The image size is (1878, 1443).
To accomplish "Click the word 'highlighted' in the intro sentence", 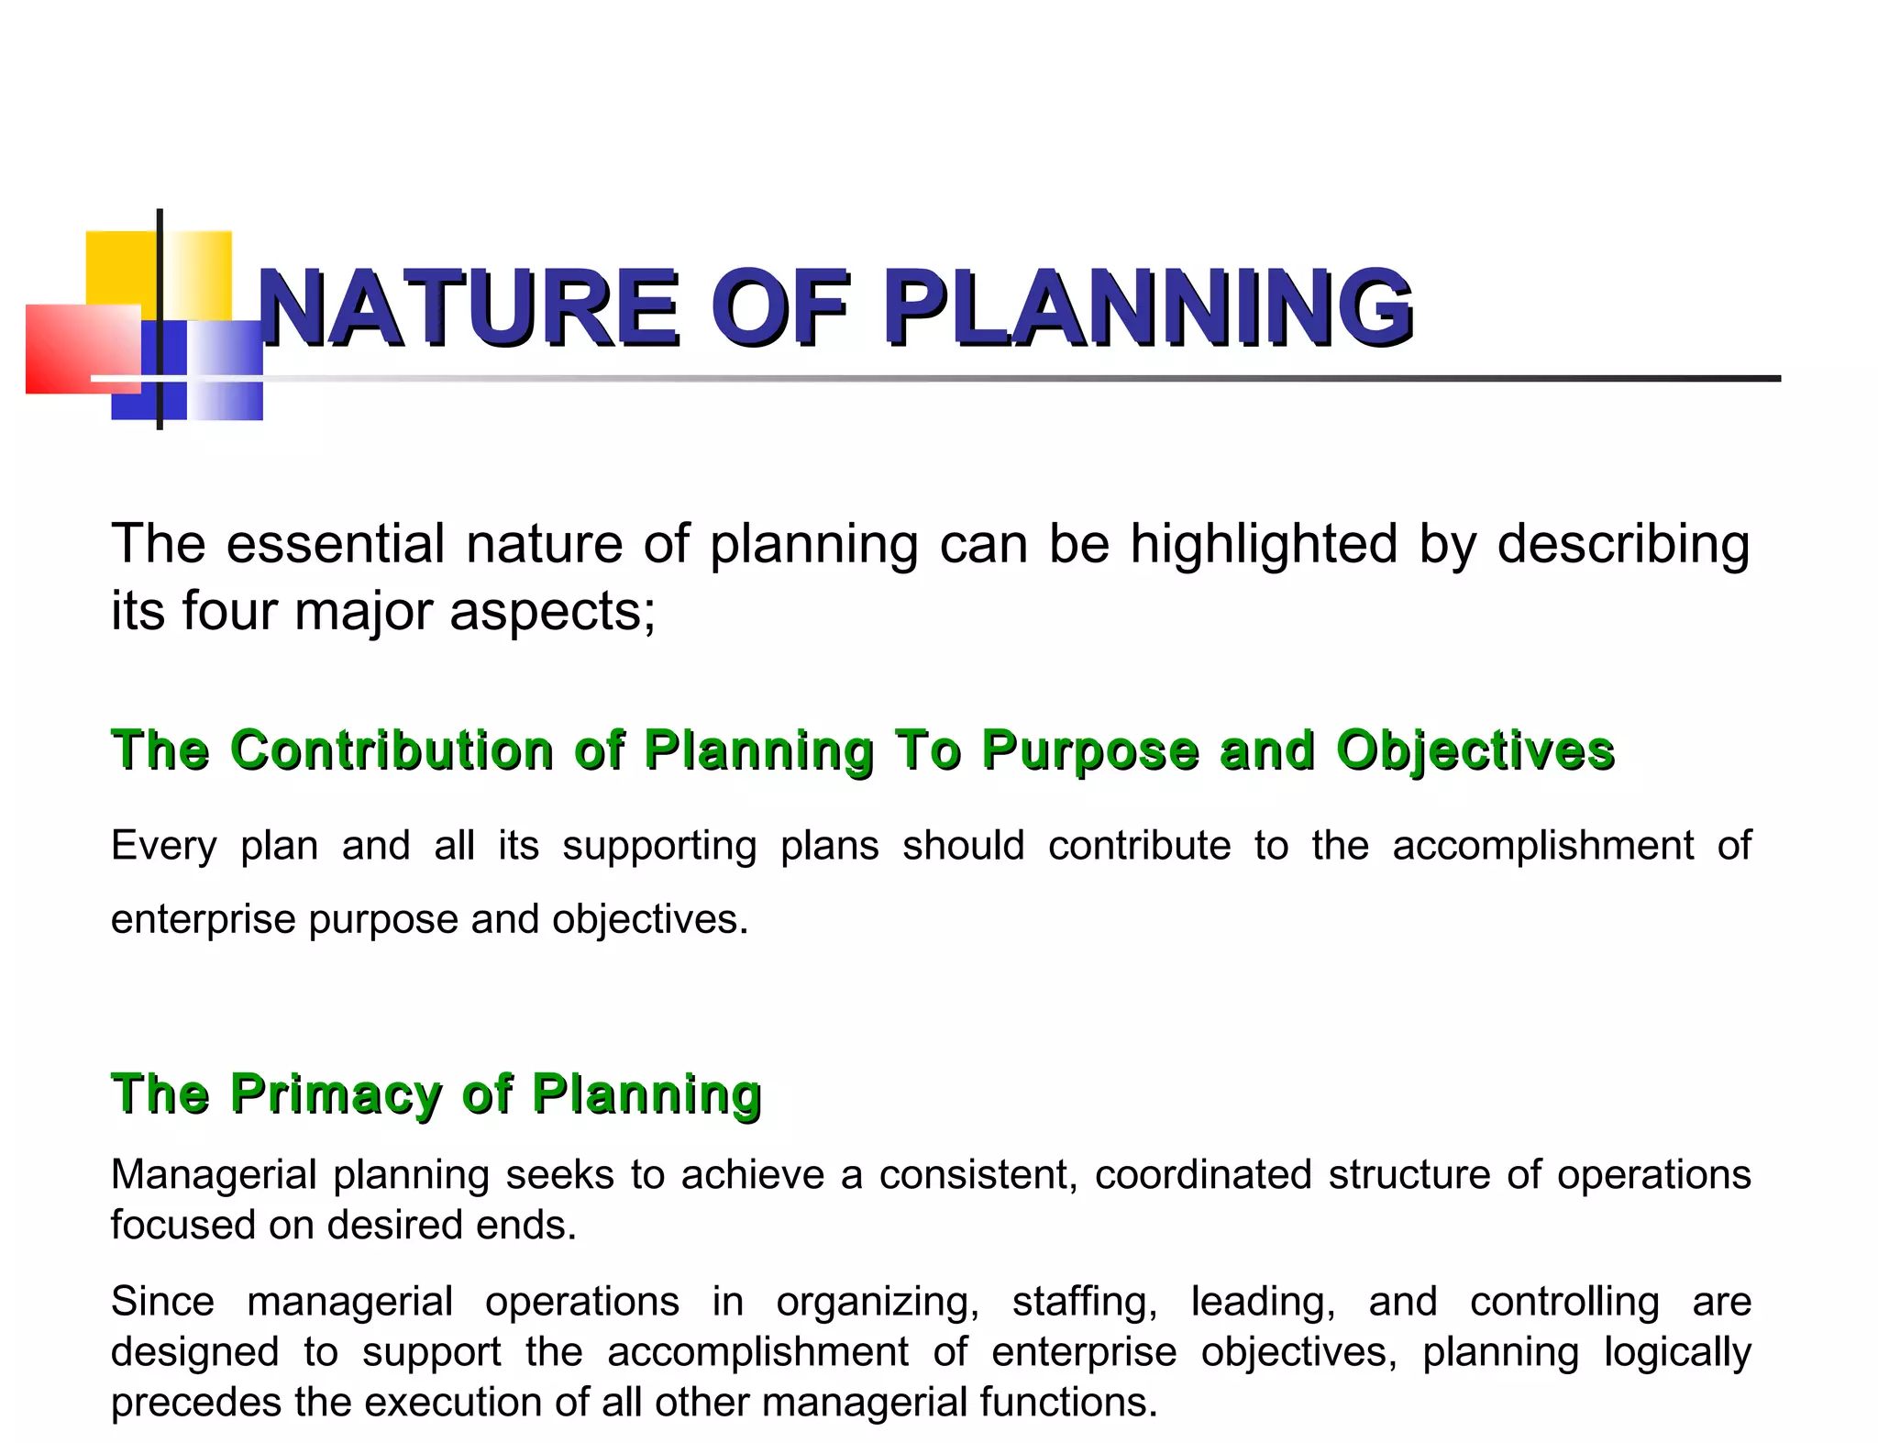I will (x=1264, y=544).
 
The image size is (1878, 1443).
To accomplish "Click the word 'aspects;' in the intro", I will (x=553, y=612).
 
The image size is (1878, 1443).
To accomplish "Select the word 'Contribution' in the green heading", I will (x=392, y=749).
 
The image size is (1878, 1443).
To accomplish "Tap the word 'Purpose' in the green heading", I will (x=1090, y=750).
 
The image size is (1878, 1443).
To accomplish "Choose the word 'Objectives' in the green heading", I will (x=1475, y=750).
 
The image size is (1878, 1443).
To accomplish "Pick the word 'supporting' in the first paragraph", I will (x=659, y=846).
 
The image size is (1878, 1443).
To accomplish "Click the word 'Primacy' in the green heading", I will (x=336, y=1093).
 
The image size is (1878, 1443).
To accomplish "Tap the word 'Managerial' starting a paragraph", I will (x=213, y=1174).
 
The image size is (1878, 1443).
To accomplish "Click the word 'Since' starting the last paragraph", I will (x=162, y=1301).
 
